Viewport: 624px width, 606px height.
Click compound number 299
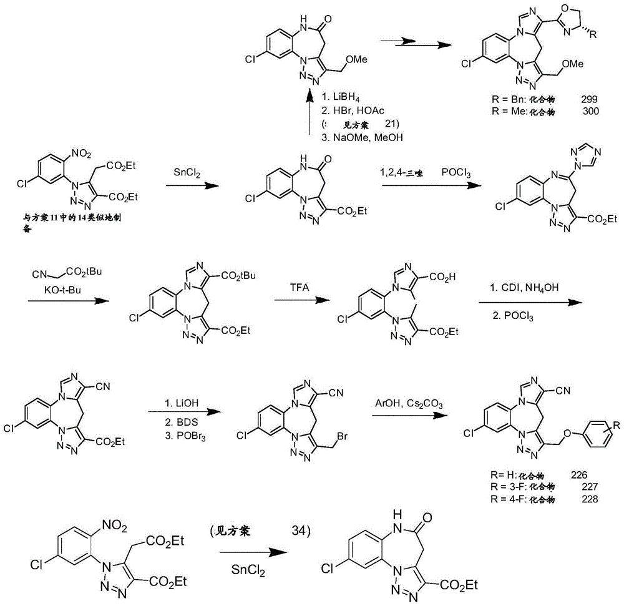[589, 99]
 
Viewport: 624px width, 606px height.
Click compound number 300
[589, 111]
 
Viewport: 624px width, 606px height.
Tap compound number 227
[588, 487]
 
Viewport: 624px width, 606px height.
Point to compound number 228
[588, 499]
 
